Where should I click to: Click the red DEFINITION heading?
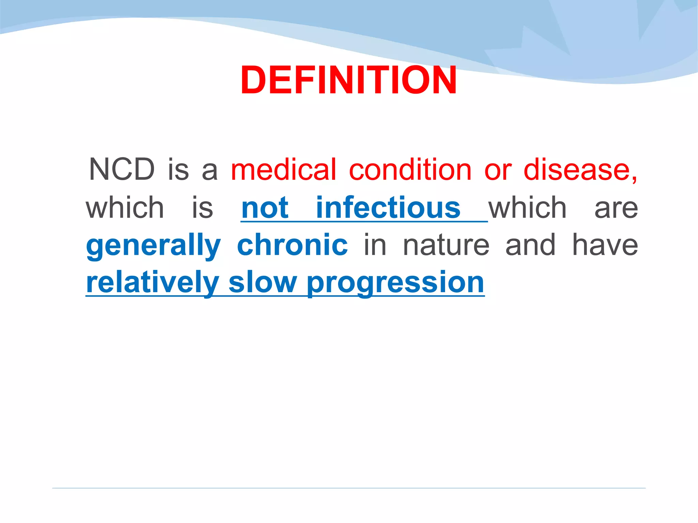pos(348,80)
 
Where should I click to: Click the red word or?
pos(498,170)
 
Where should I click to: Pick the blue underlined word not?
pos(265,208)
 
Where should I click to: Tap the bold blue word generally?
pos(153,246)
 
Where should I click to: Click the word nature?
pos(446,246)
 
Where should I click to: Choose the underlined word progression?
pos(395,283)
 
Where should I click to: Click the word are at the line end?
pos(616,208)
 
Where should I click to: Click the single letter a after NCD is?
pos(210,170)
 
